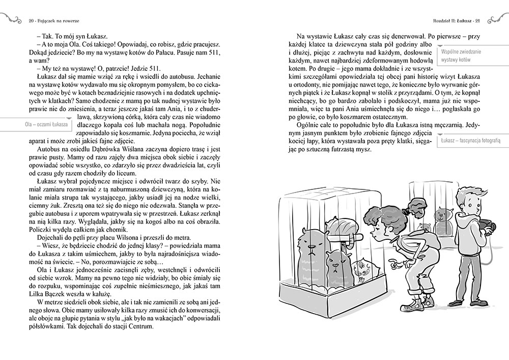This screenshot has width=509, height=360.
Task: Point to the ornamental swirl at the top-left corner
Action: click(x=13, y=19)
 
